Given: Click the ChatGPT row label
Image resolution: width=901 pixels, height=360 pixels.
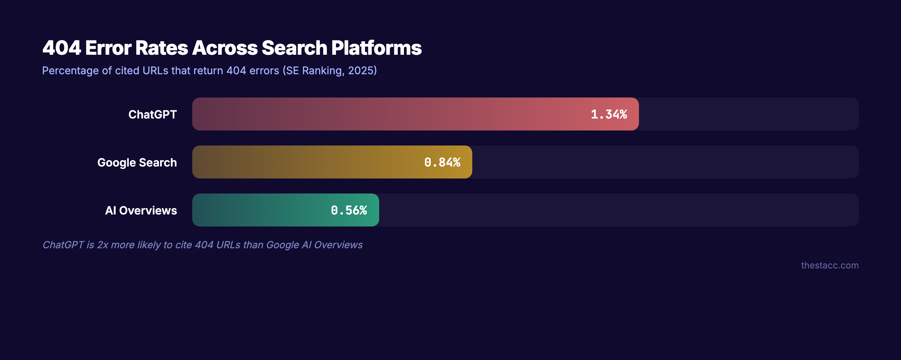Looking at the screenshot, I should click(x=152, y=114).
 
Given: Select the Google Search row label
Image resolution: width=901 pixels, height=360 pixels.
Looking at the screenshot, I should click(x=137, y=162).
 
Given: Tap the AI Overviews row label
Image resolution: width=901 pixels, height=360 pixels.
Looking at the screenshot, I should click(x=141, y=210).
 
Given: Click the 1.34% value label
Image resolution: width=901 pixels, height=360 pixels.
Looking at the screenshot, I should click(x=609, y=114).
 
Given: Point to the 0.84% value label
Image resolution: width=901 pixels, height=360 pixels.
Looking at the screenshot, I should click(x=442, y=162).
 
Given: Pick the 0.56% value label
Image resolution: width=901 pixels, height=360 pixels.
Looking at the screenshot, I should click(x=349, y=210).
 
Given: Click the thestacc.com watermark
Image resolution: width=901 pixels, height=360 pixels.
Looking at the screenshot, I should click(x=830, y=265).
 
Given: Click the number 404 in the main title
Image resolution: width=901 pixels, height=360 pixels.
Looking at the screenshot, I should click(x=62, y=48).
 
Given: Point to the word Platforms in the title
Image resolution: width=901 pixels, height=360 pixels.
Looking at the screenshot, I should click(x=376, y=48).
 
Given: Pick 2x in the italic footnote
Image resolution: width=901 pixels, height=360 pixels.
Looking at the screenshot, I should click(x=102, y=245).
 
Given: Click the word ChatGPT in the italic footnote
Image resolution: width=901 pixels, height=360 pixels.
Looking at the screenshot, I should click(x=63, y=245).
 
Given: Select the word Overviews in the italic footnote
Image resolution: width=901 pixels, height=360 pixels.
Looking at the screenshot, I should click(x=338, y=245).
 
